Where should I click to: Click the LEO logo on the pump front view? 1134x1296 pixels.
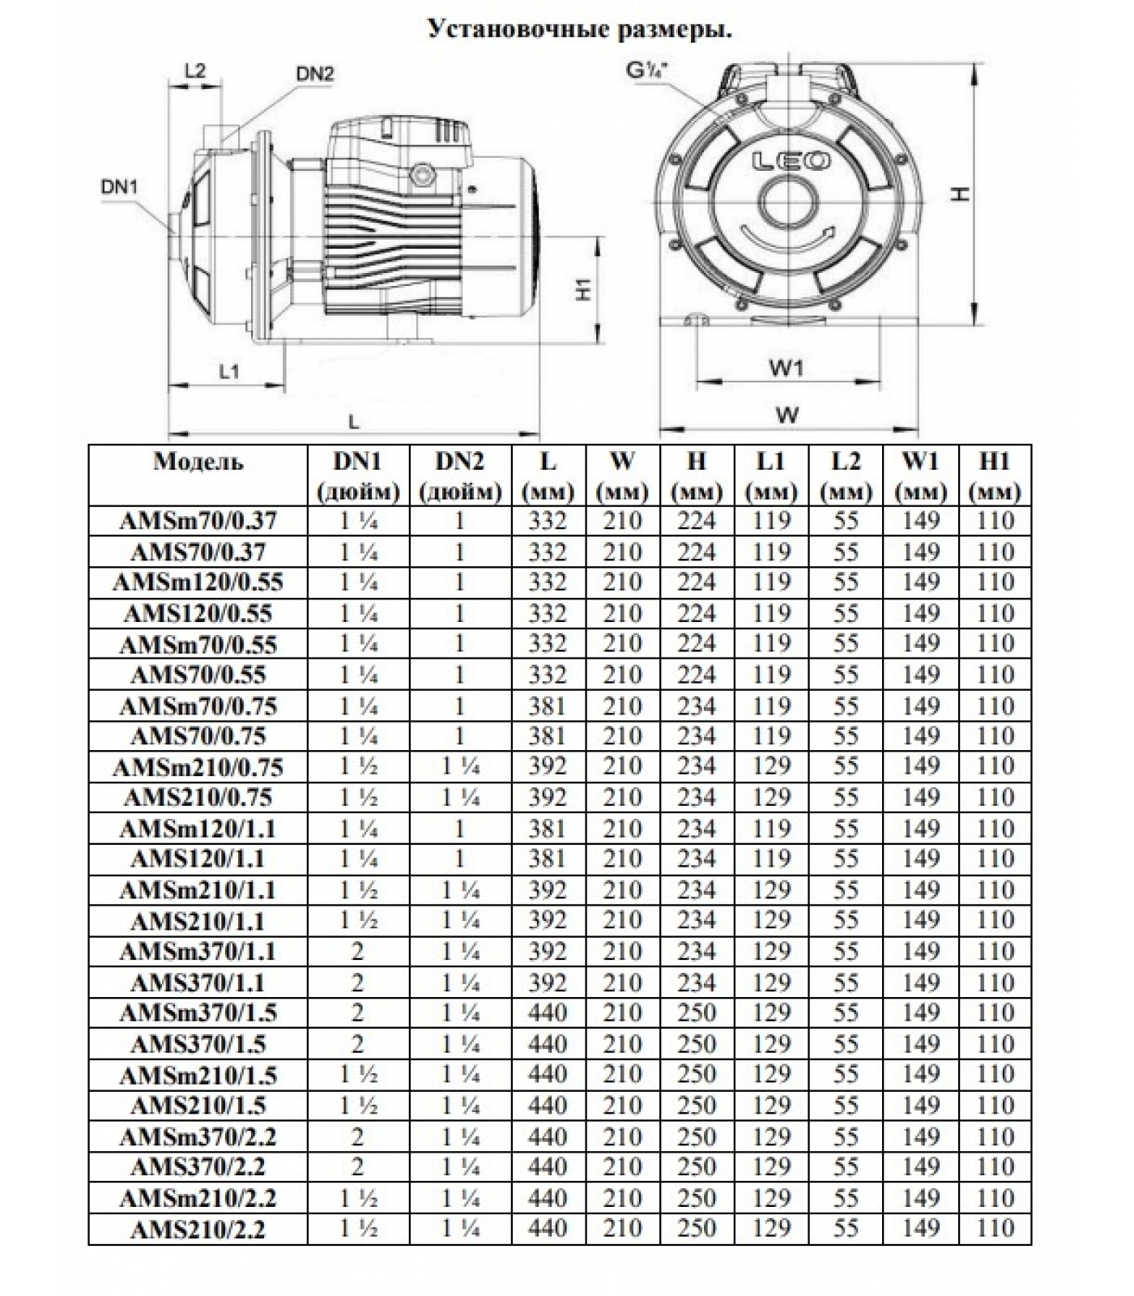coord(791,161)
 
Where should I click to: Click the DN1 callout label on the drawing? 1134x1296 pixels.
coord(119,187)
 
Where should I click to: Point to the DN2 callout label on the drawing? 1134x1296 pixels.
coord(314,74)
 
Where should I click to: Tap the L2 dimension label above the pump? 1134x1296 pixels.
coord(194,70)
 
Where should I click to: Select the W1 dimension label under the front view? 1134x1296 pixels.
coord(785,369)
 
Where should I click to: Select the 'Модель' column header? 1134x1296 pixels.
coord(198,463)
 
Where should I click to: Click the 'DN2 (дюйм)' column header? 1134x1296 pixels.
coord(460,475)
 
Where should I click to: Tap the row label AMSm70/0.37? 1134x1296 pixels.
coord(198,521)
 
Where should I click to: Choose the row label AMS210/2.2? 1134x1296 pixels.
coord(198,1230)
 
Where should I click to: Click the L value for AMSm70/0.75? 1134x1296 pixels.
coord(548,706)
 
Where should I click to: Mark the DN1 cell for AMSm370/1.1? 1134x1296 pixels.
coord(358,952)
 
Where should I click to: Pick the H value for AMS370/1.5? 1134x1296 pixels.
coord(697,1044)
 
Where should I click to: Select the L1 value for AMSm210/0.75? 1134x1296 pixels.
coord(770,767)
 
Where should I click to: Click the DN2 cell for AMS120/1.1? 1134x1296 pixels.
coord(460,859)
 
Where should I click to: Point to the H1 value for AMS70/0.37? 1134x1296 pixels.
coord(995,552)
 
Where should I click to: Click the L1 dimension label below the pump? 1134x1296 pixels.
coord(229,372)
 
